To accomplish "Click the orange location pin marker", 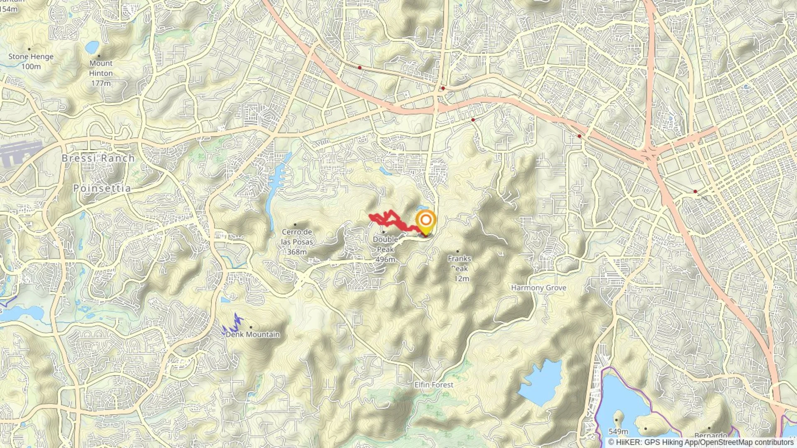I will (425, 222).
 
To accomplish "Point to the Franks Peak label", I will (459, 263).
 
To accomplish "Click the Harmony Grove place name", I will (538, 287).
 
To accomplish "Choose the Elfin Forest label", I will (434, 385).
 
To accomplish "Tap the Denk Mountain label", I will (253, 334).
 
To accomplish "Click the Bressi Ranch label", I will (98, 158).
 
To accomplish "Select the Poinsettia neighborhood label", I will (102, 188).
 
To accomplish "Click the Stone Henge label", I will (31, 56).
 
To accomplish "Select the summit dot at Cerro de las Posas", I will (295, 224).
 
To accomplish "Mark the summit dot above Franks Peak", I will (458, 251).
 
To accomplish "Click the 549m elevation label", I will (618, 431).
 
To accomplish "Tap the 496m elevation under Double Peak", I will (385, 259).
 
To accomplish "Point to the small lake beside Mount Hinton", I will (92, 47).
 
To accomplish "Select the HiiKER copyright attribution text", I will (701, 442).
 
